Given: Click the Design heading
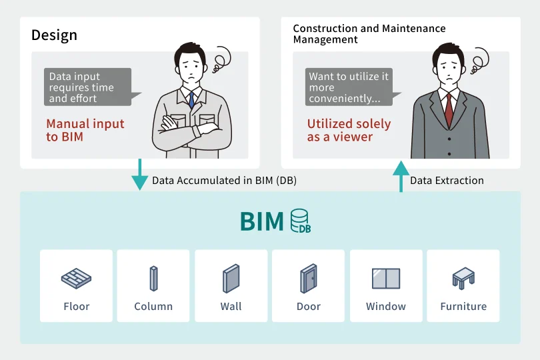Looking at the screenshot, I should (x=54, y=35).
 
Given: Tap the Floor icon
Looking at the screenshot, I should (x=76, y=278).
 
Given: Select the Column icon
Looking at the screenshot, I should (x=153, y=278).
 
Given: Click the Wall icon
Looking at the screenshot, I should (x=231, y=278).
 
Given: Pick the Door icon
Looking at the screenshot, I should (x=309, y=278).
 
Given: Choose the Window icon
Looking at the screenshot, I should (x=385, y=278).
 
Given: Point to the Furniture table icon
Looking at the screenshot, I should (x=463, y=278).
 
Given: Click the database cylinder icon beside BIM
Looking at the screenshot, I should (x=300, y=221).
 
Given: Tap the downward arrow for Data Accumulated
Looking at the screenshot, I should (x=140, y=175).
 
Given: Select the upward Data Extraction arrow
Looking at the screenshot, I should (x=401, y=176).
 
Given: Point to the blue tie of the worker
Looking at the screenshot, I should (x=191, y=99).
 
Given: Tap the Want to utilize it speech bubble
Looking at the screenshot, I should (x=349, y=87).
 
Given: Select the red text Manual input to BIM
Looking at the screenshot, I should (x=85, y=130).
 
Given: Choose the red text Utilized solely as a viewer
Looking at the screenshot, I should (x=349, y=130).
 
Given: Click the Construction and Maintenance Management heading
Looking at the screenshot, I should (x=369, y=34).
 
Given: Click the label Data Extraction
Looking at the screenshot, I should (x=447, y=181).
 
